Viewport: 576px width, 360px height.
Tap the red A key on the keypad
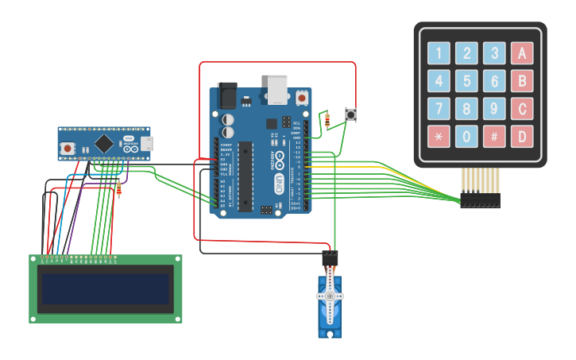point(521,53)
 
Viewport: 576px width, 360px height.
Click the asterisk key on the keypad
point(439,136)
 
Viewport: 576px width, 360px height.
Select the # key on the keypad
point(494,136)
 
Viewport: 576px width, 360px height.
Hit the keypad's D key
point(521,136)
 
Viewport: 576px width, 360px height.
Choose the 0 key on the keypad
point(466,136)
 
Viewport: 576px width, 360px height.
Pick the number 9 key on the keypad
point(494,108)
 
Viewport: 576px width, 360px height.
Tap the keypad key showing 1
point(439,53)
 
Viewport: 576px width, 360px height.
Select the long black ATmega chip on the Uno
point(245,176)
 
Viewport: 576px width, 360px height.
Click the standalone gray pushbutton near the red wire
point(351,115)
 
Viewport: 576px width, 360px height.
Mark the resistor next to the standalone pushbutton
point(328,120)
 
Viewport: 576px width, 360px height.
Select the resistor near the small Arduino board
point(119,188)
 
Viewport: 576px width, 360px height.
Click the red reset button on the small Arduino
point(69,147)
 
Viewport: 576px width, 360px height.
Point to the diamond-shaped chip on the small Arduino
point(103,144)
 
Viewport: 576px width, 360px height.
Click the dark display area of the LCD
point(106,289)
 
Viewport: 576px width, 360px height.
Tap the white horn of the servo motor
point(330,296)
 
